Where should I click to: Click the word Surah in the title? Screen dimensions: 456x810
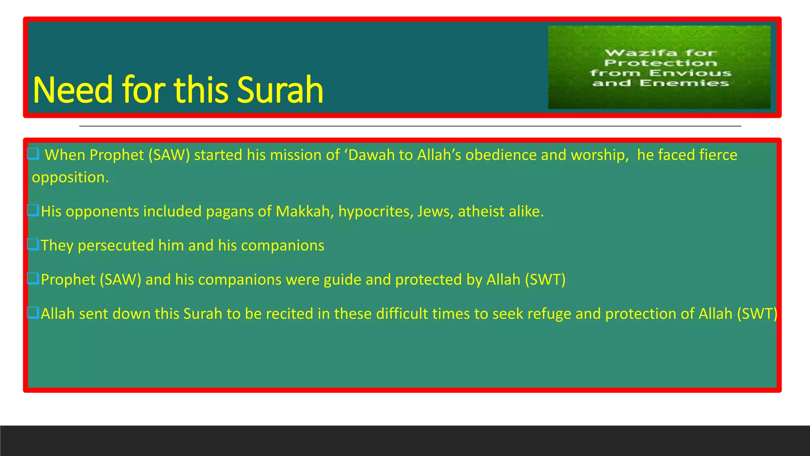[280, 90]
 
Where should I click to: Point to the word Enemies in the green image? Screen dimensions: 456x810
[684, 83]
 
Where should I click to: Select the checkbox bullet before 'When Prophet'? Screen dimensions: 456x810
[33, 154]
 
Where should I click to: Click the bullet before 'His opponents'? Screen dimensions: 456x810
[33, 210]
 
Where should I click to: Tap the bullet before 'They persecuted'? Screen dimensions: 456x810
[33, 244]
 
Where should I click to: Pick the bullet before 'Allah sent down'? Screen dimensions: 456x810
[33, 313]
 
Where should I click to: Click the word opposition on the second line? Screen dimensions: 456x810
[70, 178]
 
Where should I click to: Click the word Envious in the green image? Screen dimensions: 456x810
[690, 73]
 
